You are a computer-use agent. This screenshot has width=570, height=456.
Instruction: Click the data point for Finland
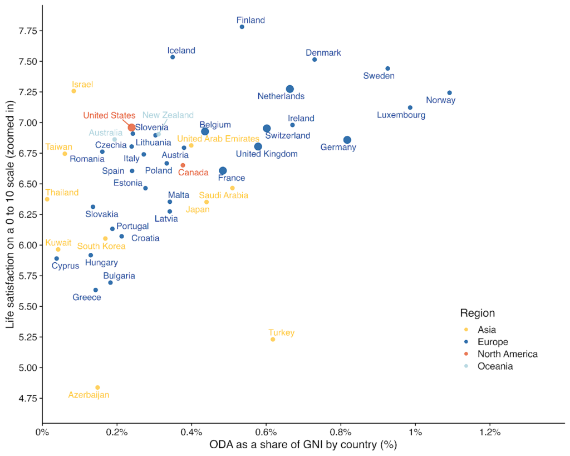point(242,27)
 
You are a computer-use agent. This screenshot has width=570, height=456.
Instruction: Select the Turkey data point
point(273,339)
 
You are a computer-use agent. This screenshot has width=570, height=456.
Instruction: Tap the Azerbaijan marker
point(97,388)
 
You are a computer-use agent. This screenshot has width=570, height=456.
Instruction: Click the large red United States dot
point(131,128)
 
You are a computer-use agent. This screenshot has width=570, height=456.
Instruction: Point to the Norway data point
point(449,92)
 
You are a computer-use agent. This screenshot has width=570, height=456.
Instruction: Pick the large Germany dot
point(347,140)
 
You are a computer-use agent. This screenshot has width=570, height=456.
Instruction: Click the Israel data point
point(73,91)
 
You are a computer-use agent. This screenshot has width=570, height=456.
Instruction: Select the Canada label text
point(193,173)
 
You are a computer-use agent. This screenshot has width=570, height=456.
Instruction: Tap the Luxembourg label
point(401,115)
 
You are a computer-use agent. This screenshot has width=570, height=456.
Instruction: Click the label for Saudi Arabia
point(223,195)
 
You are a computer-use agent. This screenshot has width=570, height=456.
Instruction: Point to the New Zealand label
point(168,115)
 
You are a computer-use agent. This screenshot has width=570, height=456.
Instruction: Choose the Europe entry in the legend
point(493,342)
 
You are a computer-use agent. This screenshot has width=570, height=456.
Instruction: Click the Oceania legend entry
point(495,366)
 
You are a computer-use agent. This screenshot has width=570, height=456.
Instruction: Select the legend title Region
point(477,313)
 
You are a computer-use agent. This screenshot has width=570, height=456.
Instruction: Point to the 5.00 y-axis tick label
point(26,367)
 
